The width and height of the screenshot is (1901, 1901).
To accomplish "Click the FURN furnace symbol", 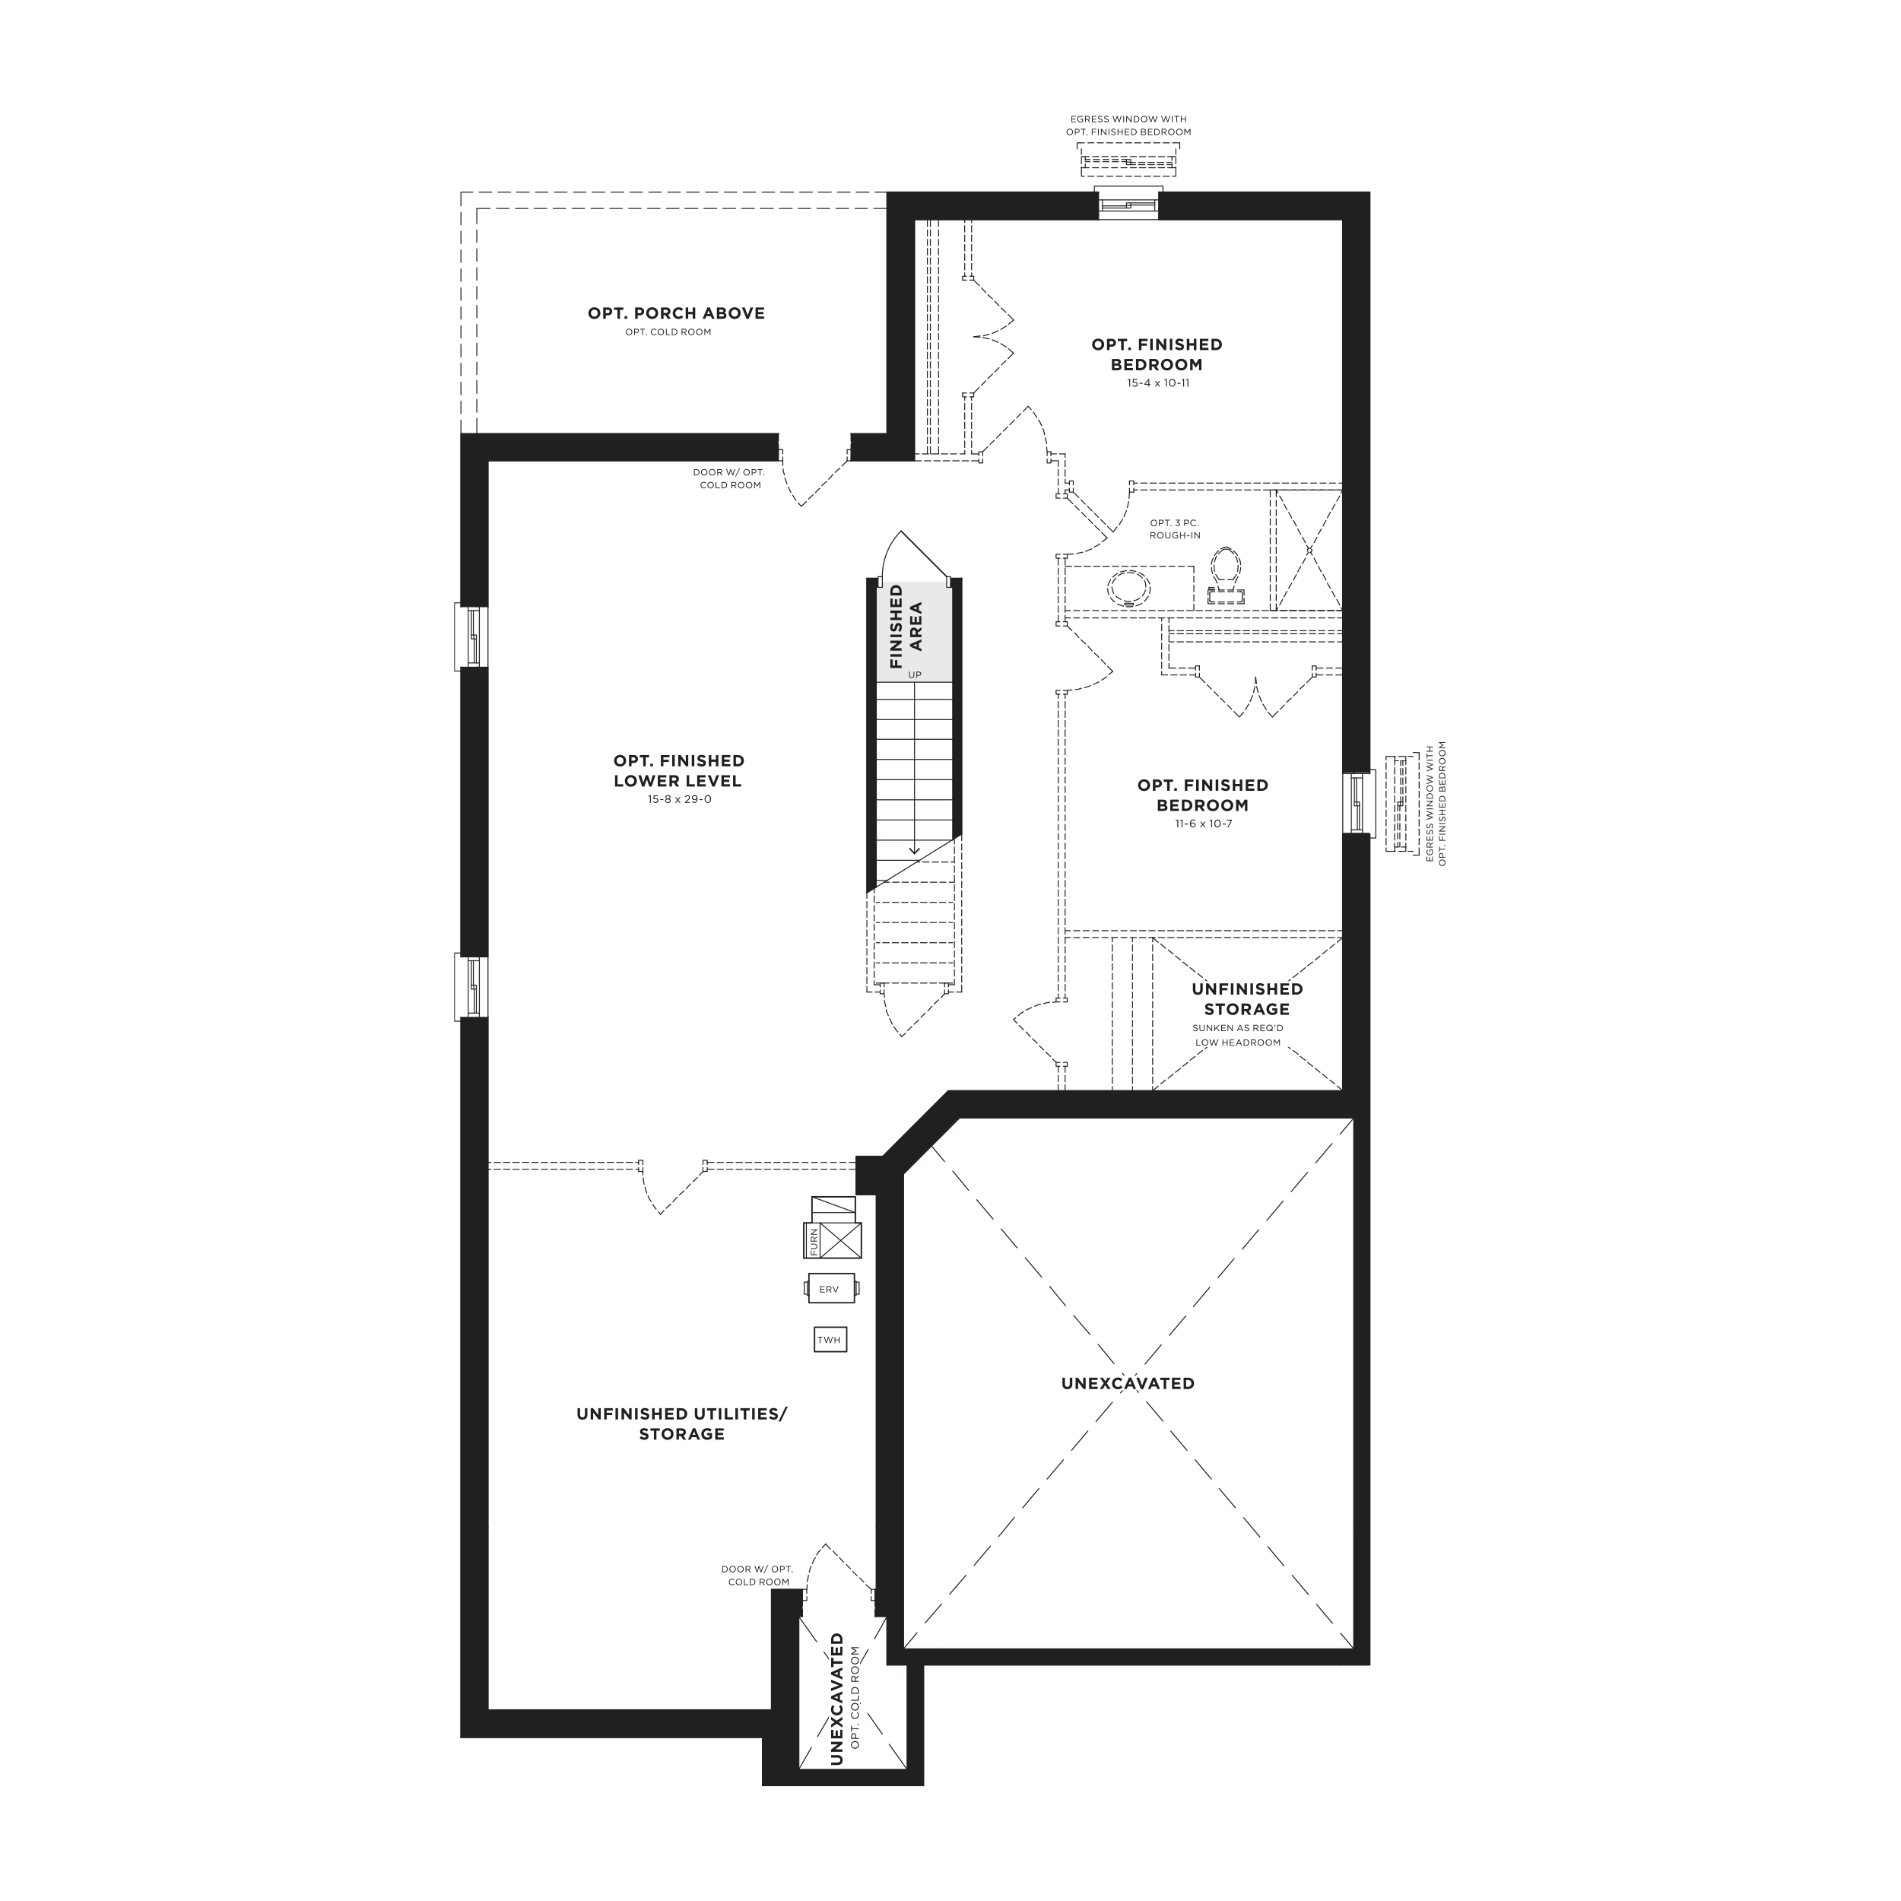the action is pos(833,1239).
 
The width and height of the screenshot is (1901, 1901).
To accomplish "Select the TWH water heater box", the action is pos(830,1339).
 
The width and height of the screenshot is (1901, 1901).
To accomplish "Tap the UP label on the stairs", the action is pos(915,675).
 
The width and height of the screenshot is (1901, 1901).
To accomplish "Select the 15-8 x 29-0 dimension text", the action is pos(678,799).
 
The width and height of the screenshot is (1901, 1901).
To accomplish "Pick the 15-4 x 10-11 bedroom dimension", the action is pos(1158,382).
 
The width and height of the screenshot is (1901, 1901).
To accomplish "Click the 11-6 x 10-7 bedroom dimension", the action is pos(1202,824).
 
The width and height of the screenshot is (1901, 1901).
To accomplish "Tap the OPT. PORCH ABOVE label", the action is pos(676,313).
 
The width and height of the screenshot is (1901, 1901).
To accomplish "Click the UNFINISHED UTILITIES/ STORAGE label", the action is pos(682,1423).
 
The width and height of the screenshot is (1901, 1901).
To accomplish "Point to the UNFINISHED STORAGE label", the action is pos(1246,998).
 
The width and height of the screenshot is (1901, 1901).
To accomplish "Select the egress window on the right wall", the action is pos(1357,802).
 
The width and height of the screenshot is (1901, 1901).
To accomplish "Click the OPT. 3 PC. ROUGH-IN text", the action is pos(1175,529).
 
